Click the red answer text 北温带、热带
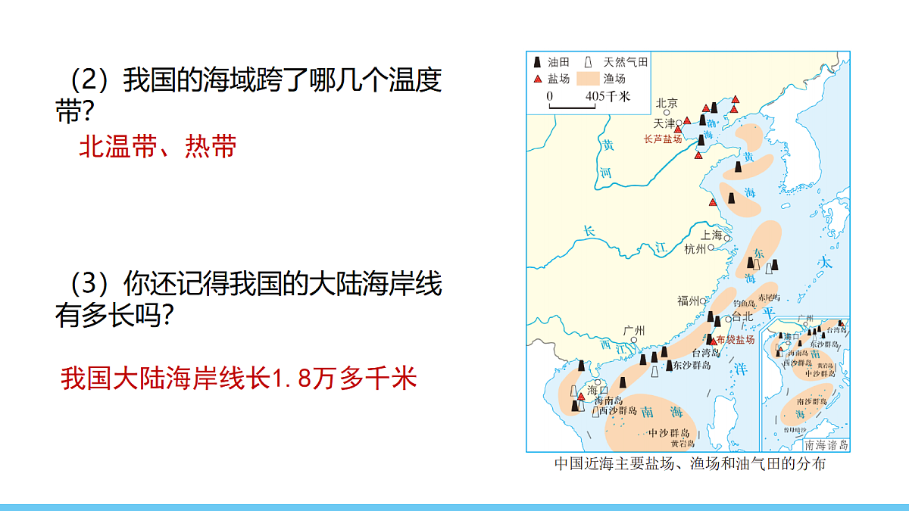point(158,147)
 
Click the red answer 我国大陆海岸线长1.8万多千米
point(239,378)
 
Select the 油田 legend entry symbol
point(537,63)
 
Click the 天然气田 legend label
point(626,63)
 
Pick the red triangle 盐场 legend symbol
point(537,78)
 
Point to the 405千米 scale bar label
point(608,96)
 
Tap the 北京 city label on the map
point(667,103)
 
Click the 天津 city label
point(664,122)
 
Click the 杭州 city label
point(695,248)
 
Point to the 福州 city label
point(688,301)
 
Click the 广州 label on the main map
point(633,330)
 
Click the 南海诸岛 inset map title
point(826,445)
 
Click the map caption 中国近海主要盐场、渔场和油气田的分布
point(689,463)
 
